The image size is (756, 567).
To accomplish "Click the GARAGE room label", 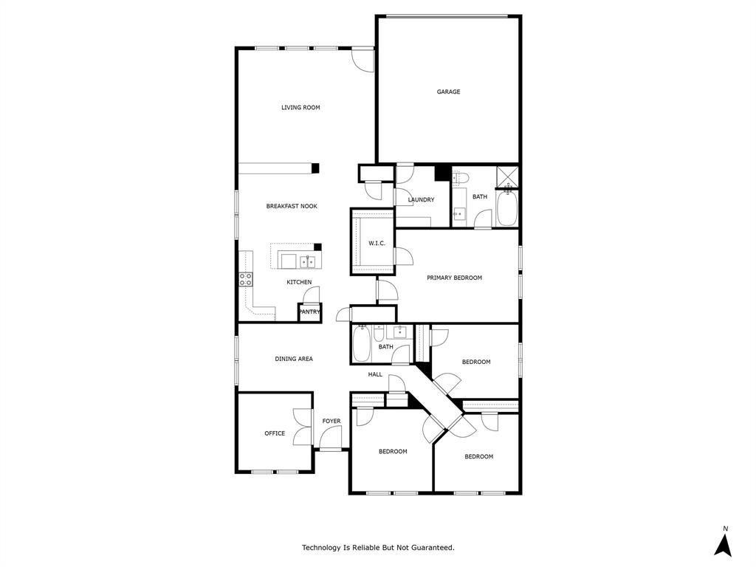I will tap(448, 92).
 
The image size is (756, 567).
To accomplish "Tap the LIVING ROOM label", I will tap(300, 108).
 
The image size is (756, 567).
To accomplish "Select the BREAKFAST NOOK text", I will tap(292, 206).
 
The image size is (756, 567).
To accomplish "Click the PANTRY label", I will tap(309, 312).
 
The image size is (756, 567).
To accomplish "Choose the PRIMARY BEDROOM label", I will tap(454, 278).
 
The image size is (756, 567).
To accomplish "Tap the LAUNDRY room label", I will tap(421, 200).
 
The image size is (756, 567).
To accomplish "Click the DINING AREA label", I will tap(294, 359).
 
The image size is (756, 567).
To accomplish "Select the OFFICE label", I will tap(275, 433).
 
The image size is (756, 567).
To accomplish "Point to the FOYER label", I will tap(331, 422).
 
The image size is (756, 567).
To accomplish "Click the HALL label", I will tap(376, 374).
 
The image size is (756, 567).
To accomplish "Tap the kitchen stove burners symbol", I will tap(245, 279).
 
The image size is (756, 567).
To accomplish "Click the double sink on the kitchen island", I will tap(306, 261).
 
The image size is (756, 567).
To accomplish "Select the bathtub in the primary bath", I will tap(507, 208).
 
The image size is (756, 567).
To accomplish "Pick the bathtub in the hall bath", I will tap(362, 345).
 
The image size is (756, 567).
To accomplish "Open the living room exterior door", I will tap(362, 60).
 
